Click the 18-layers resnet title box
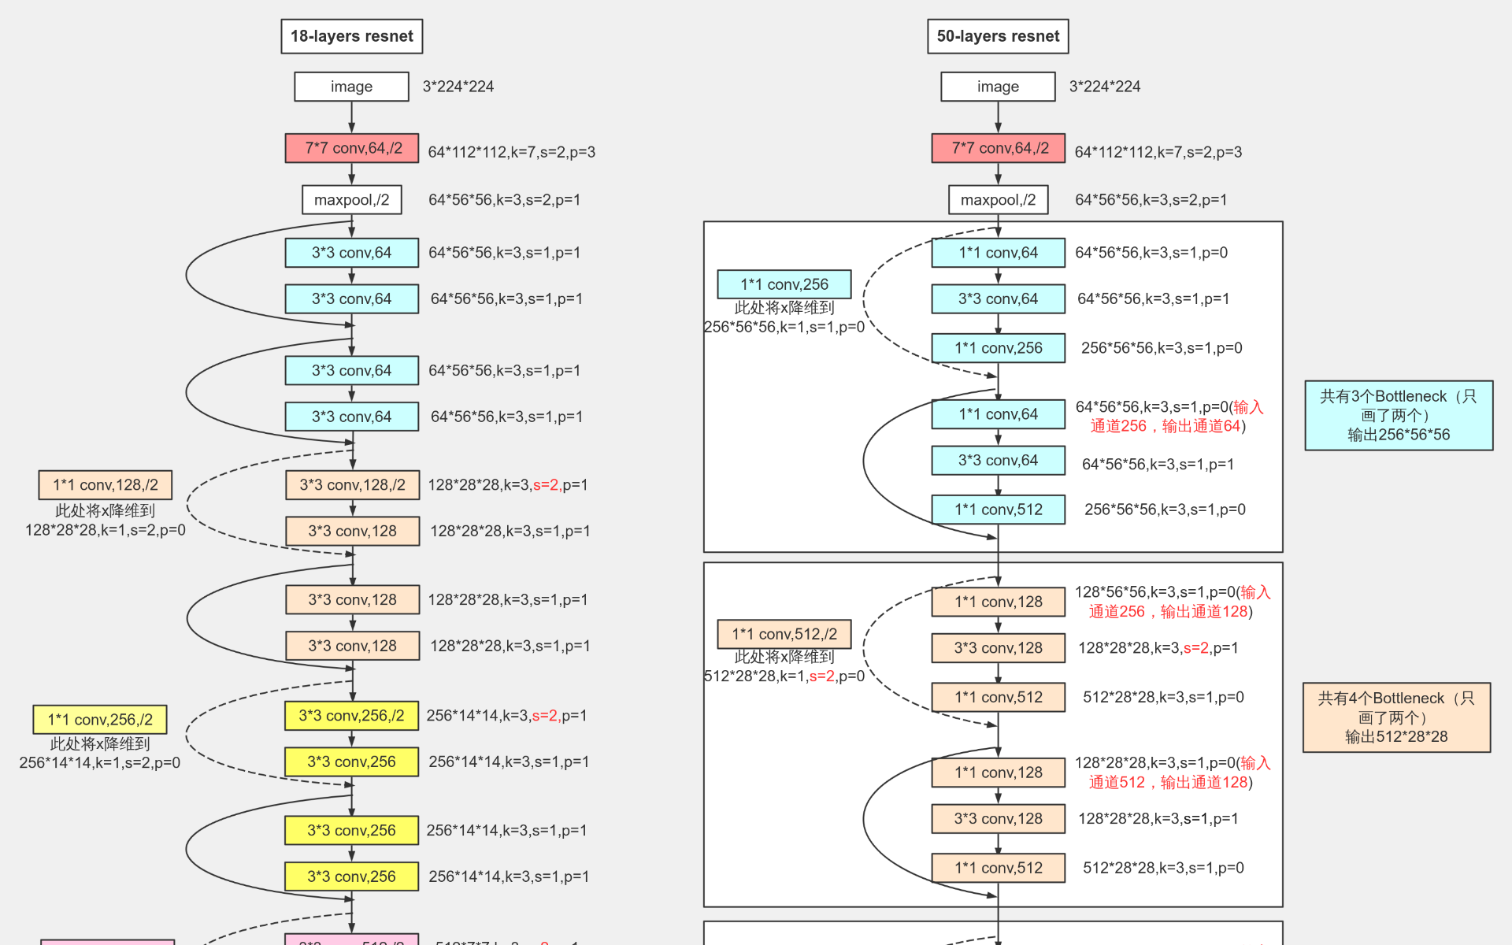click(351, 36)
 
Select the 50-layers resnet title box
click(998, 36)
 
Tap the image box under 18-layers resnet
click(351, 87)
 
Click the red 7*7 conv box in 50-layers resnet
click(998, 148)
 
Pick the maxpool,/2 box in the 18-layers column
click(351, 200)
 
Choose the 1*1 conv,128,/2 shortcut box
click(105, 485)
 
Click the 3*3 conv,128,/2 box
click(352, 485)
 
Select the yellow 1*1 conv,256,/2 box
click(99, 720)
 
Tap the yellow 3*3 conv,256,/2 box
click(351, 716)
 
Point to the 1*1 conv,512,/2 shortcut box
click(784, 634)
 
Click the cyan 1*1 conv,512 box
click(998, 510)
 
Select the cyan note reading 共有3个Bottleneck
click(1399, 415)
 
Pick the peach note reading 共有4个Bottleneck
click(1396, 717)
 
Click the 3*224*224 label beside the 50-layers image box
click(1104, 87)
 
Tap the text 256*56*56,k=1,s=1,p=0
click(784, 327)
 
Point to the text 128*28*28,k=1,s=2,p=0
click(106, 530)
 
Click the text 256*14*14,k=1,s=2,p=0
click(100, 762)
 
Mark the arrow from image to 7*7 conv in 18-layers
click(351, 117)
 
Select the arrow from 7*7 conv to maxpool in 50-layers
click(998, 174)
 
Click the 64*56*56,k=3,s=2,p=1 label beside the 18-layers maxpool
click(504, 200)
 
